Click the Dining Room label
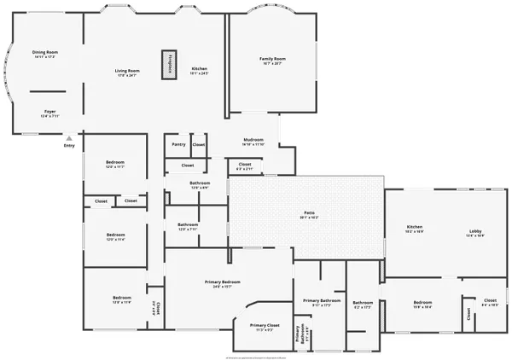[x=44, y=53]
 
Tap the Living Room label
[x=128, y=70]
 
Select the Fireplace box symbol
[x=169, y=66]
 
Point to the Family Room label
[x=272, y=59]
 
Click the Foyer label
[x=50, y=111]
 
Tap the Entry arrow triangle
[x=70, y=136]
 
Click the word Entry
[x=69, y=145]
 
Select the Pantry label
[x=178, y=144]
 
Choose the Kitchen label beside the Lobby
[x=414, y=227]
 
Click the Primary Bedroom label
[x=222, y=282]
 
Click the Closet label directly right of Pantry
[x=198, y=144]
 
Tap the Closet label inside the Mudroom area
[x=244, y=164]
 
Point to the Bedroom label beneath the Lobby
[x=422, y=303]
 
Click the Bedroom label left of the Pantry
[x=114, y=163]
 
